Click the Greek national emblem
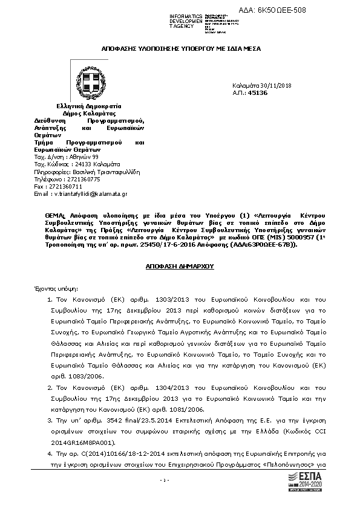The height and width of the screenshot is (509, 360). coord(88,82)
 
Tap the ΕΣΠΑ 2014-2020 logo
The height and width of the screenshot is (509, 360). coord(309,484)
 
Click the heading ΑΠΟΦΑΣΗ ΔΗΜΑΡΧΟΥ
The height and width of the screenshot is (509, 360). coord(180,266)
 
